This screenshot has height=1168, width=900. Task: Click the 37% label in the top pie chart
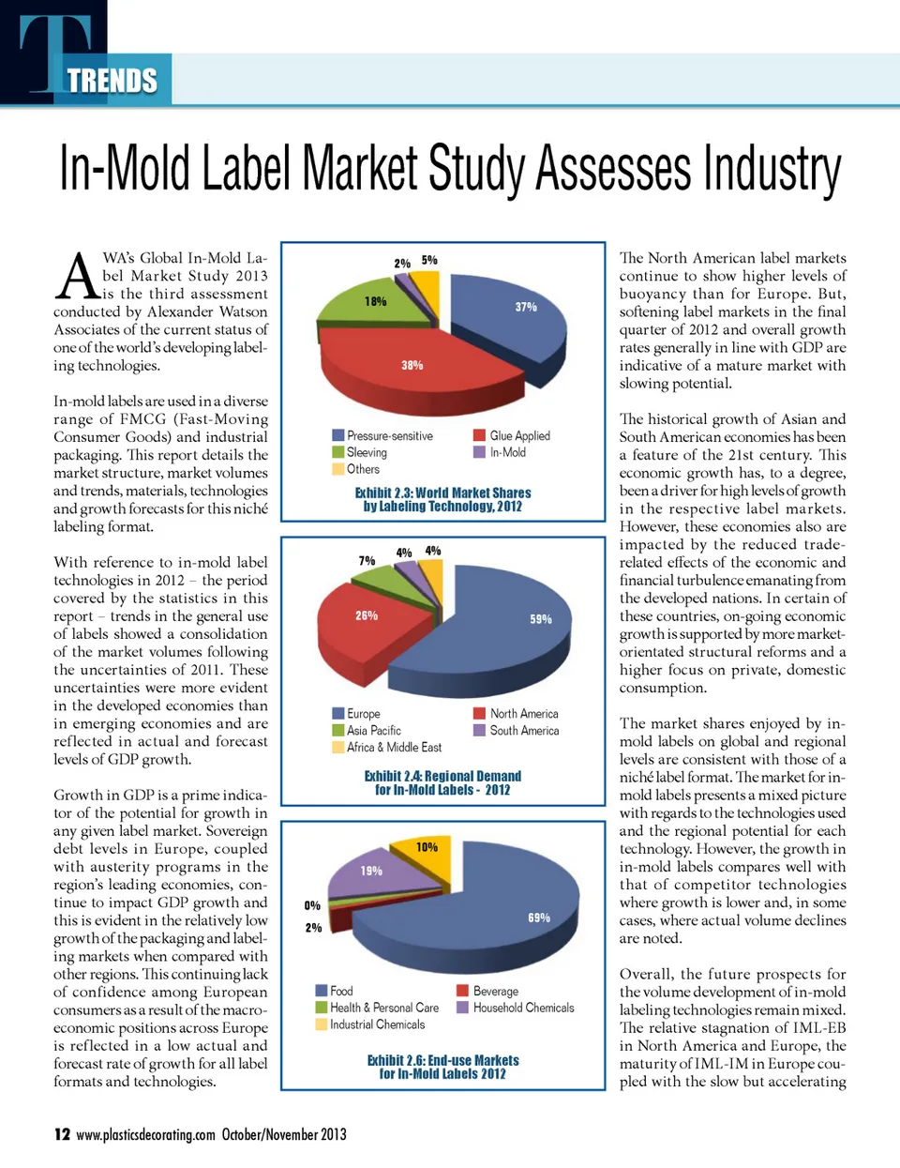coord(526,307)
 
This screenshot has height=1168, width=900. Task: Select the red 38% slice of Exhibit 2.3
coord(412,365)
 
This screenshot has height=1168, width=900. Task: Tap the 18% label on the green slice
coord(375,301)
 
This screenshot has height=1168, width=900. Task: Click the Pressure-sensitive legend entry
coord(382,436)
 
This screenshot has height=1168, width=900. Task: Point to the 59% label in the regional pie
coord(541,619)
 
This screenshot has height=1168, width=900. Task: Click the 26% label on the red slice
coord(367,615)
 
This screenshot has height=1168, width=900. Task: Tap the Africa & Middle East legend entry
coord(387,748)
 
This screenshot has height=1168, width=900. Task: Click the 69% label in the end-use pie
coord(539,918)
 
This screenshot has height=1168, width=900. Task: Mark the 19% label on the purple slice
coord(371,871)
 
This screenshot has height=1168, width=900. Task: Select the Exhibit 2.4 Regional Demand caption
coord(442,782)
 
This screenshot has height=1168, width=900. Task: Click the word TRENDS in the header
coord(112,82)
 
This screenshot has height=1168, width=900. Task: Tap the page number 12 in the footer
coord(62,1134)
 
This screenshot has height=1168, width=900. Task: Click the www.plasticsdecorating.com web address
coord(145,1135)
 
